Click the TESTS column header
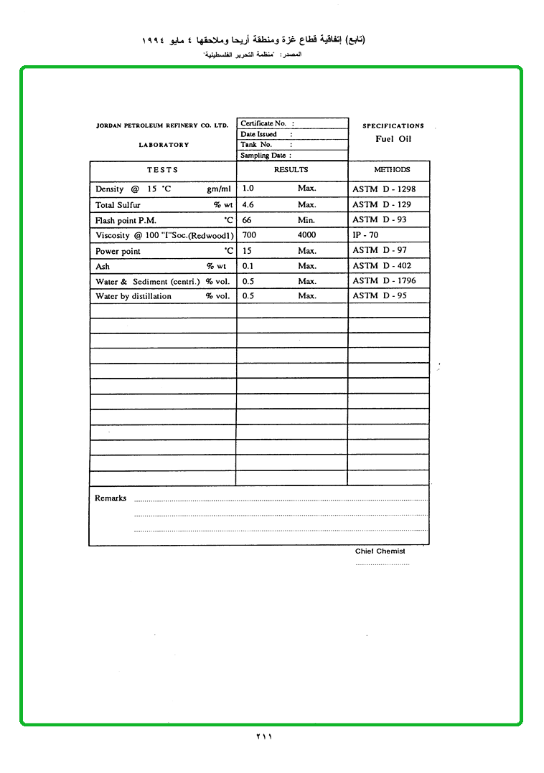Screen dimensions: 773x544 163,170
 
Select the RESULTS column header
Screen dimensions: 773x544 291,170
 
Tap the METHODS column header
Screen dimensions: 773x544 392,170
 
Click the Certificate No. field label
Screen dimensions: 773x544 263,123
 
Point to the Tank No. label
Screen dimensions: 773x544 256,144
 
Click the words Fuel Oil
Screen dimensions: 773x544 393,139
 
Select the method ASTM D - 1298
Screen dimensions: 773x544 384,189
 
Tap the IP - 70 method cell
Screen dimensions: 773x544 365,234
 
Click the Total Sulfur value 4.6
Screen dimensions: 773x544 248,204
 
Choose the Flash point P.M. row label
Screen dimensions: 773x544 126,220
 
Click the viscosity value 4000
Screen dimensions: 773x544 306,234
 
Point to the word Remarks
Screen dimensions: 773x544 111,498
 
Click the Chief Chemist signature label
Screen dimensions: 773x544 380,551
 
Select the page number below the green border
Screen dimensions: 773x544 265,736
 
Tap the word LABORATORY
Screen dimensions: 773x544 164,145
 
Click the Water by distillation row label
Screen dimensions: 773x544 133,296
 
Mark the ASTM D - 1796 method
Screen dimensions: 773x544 384,280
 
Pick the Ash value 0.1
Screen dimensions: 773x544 248,265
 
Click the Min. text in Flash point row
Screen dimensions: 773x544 306,220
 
